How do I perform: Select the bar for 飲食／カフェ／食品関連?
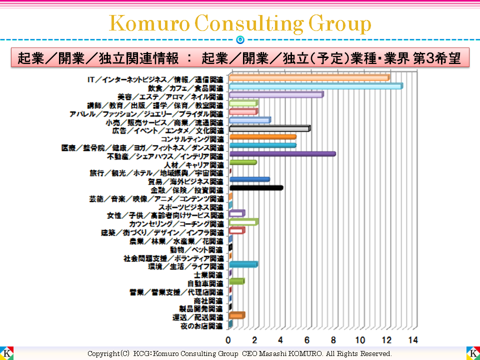[315, 86]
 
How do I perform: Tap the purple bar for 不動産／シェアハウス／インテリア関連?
[282, 154]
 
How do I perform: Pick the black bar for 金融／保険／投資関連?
[255, 188]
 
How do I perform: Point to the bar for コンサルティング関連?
[262, 137]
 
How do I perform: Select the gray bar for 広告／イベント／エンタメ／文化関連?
[269, 128]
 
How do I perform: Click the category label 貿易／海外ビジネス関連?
[185, 181]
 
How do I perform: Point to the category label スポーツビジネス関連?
[190, 207]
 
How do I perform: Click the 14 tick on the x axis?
[412, 340]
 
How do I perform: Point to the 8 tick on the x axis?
[333, 340]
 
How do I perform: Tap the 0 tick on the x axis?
[228, 340]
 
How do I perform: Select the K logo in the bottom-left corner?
[6, 352]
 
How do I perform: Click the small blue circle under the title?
[240, 39]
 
